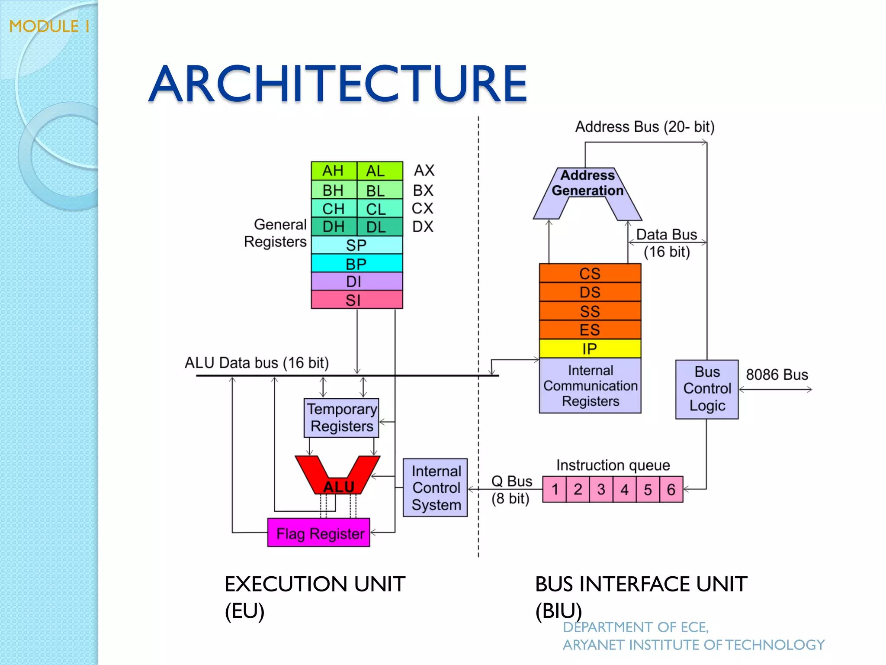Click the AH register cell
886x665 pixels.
coord(334,171)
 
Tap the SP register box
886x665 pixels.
coord(356,245)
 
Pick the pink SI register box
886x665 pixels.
coord(356,300)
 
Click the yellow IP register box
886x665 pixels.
coord(590,349)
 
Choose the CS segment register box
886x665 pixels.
coord(590,274)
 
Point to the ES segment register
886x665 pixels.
coord(590,330)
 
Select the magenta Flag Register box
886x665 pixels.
coord(319,533)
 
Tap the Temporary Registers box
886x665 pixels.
coord(341,418)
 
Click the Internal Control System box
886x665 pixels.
coord(435,488)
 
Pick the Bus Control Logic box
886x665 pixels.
coord(707,389)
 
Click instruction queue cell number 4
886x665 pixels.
coord(624,490)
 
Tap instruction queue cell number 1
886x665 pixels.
coord(554,490)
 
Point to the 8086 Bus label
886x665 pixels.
coord(777,374)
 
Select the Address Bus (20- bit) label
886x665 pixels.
coord(645,127)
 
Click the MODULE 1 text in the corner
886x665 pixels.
coord(49,26)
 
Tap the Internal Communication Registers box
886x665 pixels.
coord(590,386)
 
